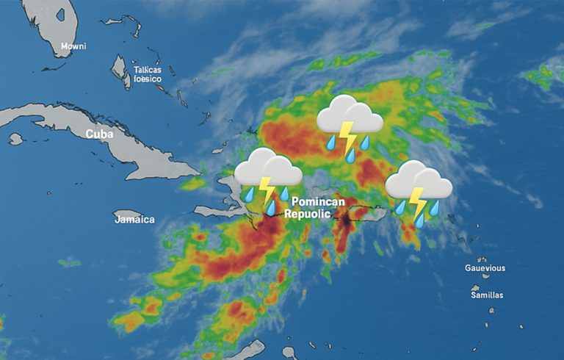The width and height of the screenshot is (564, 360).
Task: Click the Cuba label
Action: pyautogui.click(x=100, y=134)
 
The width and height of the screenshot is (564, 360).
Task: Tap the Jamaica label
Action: pyautogui.click(x=134, y=219)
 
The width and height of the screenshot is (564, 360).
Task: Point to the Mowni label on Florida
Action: pyautogui.click(x=73, y=46)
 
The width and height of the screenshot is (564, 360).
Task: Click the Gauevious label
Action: pyautogui.click(x=485, y=268)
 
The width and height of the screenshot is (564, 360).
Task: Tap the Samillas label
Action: pyautogui.click(x=487, y=295)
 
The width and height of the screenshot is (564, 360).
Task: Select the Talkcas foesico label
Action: pyautogui.click(x=147, y=74)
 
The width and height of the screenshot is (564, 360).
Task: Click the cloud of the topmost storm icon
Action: pyautogui.click(x=349, y=114)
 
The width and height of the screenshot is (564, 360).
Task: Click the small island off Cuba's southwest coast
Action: pyautogui.click(x=15, y=138)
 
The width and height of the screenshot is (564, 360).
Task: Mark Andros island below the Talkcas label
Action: pyautogui.click(x=120, y=71)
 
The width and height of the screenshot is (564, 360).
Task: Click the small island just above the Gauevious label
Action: pyautogui.click(x=482, y=259)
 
